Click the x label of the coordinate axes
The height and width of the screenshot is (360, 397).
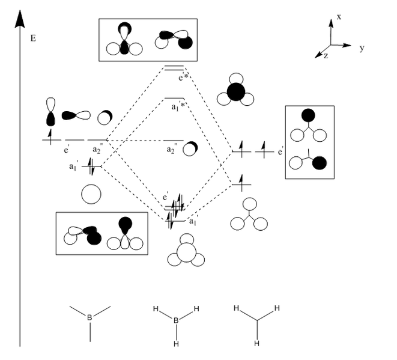pos(339,17)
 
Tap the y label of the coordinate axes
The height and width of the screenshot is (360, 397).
pos(362,48)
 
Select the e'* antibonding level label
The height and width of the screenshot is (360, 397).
pos(183,77)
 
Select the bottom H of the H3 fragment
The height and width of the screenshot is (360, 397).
pos(257,343)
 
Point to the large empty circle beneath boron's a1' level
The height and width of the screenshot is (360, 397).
pos(91,195)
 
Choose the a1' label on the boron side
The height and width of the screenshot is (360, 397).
pos(74,165)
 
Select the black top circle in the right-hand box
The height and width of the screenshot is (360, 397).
pos(309,115)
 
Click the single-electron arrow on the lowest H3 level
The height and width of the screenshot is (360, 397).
pos(241,180)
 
